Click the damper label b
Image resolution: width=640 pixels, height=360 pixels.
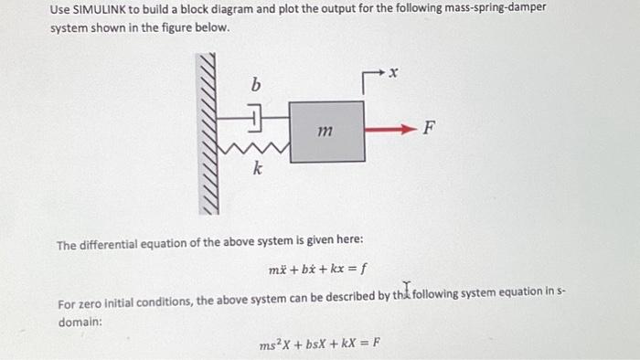click(x=256, y=85)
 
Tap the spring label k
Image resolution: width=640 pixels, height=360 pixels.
click(x=258, y=169)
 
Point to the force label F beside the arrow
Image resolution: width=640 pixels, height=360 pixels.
click(x=429, y=130)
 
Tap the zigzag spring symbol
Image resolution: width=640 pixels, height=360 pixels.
click(x=259, y=145)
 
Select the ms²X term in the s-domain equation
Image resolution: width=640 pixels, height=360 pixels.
click(x=274, y=345)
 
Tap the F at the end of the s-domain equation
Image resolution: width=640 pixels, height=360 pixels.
click(x=375, y=345)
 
